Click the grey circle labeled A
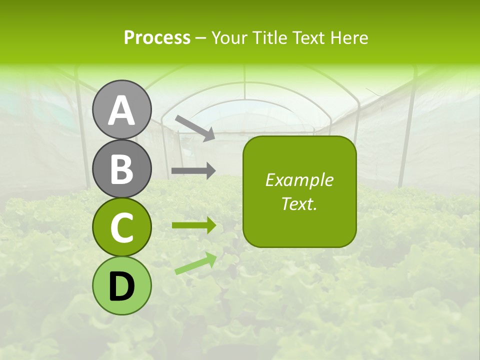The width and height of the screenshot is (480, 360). pos(122,109)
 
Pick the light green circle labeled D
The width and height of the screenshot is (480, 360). pos(122,285)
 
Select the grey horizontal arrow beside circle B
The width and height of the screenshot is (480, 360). pos(193,171)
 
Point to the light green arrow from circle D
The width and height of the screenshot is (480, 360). pos(195,263)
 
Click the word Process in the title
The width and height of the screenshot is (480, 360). pos(157,37)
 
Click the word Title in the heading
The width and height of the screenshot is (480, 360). pos(269,37)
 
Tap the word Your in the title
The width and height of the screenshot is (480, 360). pos(230,37)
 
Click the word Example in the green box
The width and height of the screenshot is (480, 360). pos(299,180)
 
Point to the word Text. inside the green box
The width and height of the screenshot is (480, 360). pos(299,203)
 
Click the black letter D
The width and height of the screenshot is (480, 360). pos(122,286)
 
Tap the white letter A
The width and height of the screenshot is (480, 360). pos(122,110)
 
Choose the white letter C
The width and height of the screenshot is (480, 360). pos(122,228)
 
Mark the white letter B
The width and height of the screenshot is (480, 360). pos(122,169)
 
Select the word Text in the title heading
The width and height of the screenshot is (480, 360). pos(308,37)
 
